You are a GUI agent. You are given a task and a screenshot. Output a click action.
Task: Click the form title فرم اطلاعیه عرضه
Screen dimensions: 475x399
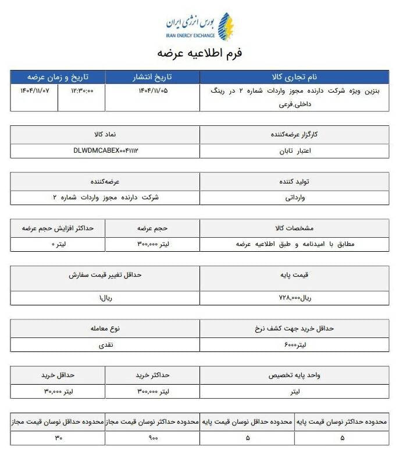tap(199, 52)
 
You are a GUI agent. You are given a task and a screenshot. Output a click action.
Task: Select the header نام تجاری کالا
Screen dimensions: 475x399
tap(294, 77)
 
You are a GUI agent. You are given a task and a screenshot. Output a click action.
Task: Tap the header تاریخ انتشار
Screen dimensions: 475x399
tap(152, 77)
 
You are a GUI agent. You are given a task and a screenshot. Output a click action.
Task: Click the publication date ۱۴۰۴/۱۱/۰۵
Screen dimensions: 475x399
tap(152, 91)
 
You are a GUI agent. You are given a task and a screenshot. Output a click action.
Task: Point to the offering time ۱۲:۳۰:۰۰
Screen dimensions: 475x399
tap(82, 91)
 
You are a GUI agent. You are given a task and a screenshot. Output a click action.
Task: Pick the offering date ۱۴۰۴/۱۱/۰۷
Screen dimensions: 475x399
tap(35, 91)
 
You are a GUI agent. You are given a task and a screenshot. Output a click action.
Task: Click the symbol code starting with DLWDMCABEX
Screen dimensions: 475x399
tap(106, 150)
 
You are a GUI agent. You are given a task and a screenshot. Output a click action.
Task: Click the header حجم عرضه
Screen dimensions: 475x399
tap(152, 228)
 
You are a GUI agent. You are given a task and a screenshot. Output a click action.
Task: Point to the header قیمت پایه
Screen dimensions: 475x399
tap(294, 274)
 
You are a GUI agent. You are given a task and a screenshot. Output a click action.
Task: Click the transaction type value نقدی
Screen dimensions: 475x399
tap(106, 345)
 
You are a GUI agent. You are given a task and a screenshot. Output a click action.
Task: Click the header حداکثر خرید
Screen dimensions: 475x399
tap(152, 375)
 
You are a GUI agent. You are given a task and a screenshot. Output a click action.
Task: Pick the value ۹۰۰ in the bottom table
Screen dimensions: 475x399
tap(153, 438)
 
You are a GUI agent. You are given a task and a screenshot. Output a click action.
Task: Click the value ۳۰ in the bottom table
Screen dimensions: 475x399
tap(58, 438)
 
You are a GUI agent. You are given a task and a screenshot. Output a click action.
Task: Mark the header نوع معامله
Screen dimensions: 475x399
tap(105, 328)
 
